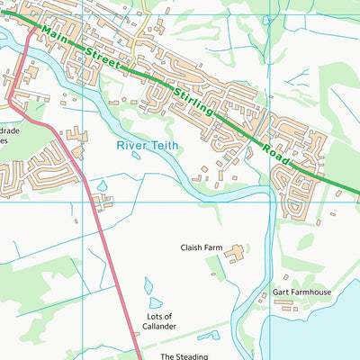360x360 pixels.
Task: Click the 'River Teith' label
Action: click(x=148, y=144)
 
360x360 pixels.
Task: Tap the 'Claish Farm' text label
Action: click(x=202, y=246)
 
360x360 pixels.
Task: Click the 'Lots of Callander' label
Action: click(x=158, y=321)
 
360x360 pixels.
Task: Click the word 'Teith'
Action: click(x=165, y=144)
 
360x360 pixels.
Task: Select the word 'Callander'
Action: click(x=158, y=327)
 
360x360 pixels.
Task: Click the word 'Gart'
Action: click(x=280, y=293)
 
